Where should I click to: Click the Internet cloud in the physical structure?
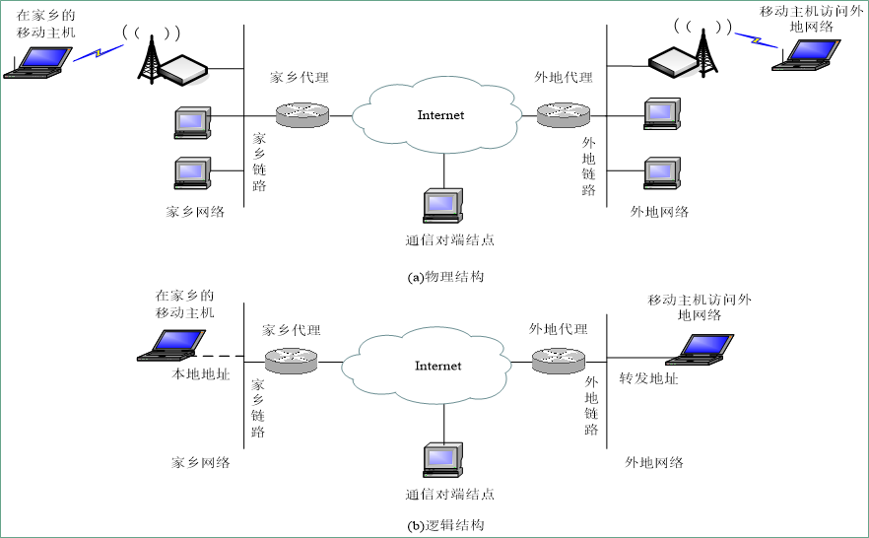(x=440, y=116)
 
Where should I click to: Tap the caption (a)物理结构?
(x=445, y=277)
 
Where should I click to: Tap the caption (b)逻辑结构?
(x=445, y=525)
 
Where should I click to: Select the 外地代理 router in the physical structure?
(x=562, y=115)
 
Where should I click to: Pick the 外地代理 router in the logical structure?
(x=558, y=360)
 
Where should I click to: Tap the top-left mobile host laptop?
(x=38, y=61)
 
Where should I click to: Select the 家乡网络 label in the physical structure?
(x=195, y=211)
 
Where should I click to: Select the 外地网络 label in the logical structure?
(x=654, y=462)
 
